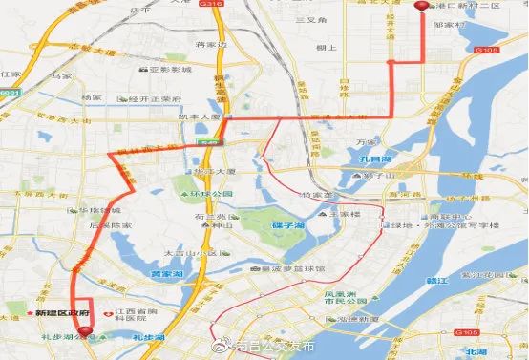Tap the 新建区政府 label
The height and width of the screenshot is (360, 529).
pos(63,313)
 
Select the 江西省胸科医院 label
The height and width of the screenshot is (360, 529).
pos(137,317)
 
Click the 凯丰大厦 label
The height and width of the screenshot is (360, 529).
pos(200,118)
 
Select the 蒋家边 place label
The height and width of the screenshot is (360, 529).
pos(208,45)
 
